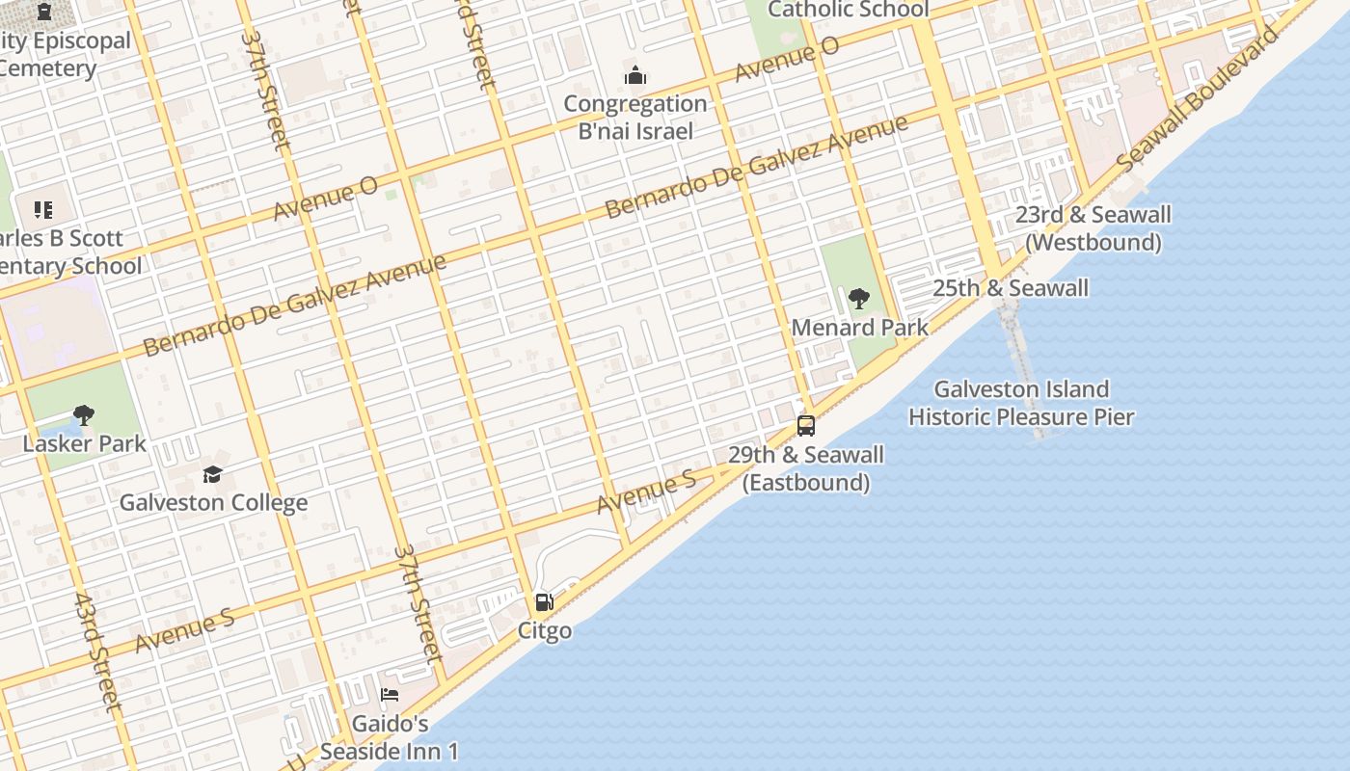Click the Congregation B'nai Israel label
(635, 118)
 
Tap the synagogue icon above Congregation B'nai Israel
(635, 75)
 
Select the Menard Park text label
(859, 328)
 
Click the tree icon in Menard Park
(858, 299)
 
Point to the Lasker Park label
(85, 443)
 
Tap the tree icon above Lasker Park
(84, 415)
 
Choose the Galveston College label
(213, 502)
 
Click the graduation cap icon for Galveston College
(212, 474)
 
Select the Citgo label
(545, 631)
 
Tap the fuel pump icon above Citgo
(544, 603)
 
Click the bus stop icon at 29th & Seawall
(805, 425)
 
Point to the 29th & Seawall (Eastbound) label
(806, 468)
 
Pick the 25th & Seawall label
(1011, 288)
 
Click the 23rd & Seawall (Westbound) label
(1093, 228)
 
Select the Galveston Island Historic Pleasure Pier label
(1021, 403)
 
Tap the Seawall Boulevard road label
(1200, 97)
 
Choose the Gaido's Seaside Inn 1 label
(390, 737)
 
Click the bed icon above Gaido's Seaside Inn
(390, 695)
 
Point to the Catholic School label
(849, 10)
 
